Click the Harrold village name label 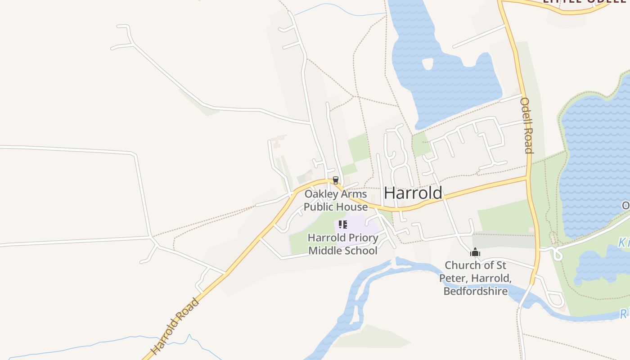[413, 193]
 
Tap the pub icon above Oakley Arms [335, 180]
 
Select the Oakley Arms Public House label [336, 201]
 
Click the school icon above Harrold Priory [343, 225]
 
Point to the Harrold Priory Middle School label [343, 244]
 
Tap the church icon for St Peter [475, 252]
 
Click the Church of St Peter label [475, 278]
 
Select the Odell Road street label [526, 126]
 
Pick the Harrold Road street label [175, 326]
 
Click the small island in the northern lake [427, 64]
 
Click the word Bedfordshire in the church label [475, 291]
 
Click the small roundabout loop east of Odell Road [558, 255]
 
